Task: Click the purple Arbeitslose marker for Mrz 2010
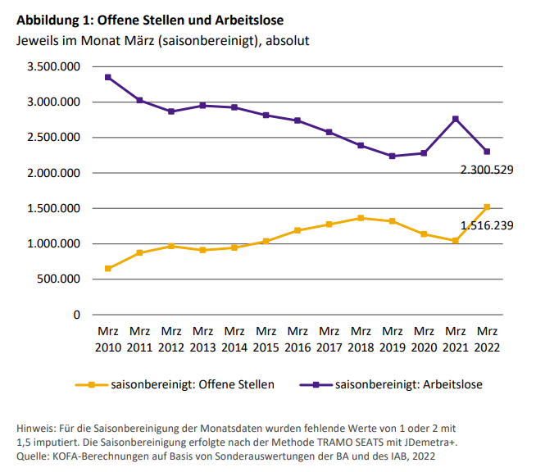click(108, 77)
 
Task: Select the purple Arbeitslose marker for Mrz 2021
click(456, 119)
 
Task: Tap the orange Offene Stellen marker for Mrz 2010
click(108, 268)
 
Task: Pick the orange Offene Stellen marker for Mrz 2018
click(361, 218)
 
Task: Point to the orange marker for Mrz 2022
click(488, 206)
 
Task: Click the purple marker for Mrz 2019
click(393, 156)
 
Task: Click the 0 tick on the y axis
click(76, 315)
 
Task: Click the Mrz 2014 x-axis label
click(234, 339)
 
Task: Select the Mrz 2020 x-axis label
click(424, 339)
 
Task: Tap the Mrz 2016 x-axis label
click(297, 339)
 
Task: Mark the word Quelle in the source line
click(34, 455)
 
